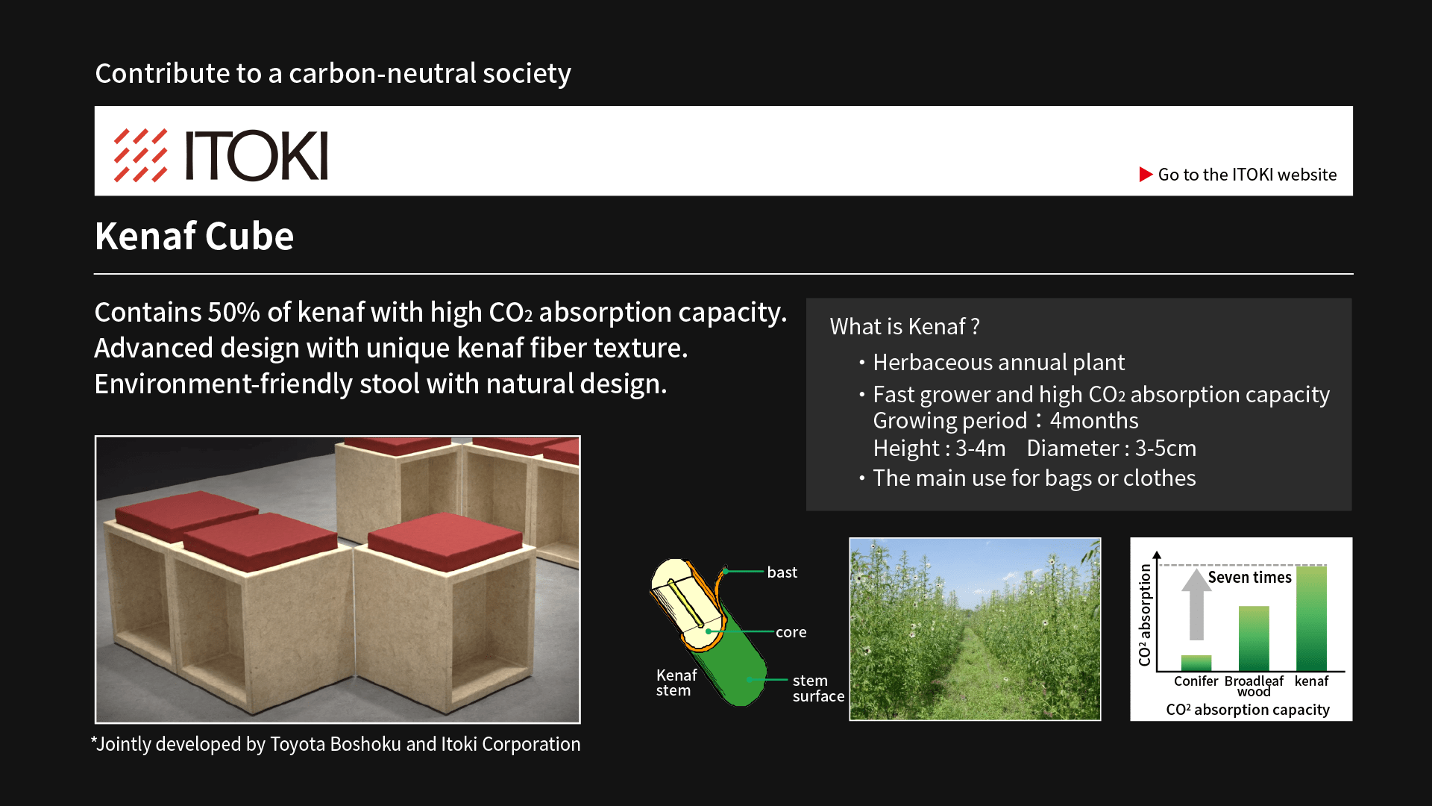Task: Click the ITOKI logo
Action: click(x=221, y=155)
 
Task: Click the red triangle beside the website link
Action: click(x=1146, y=175)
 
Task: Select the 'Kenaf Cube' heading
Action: click(x=194, y=237)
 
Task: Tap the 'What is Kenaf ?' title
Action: click(x=905, y=327)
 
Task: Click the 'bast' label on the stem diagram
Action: click(x=782, y=572)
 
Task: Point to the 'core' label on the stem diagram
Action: click(x=791, y=632)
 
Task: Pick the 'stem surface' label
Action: click(x=818, y=688)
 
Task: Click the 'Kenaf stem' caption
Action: click(x=676, y=683)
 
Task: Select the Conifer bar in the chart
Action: click(x=1196, y=663)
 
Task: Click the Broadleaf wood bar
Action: click(x=1254, y=638)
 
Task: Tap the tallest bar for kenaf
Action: click(x=1311, y=619)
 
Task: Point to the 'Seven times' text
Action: click(x=1249, y=578)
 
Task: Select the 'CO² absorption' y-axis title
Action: click(x=1145, y=615)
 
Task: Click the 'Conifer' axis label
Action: click(x=1196, y=681)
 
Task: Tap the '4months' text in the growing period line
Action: click(x=1094, y=421)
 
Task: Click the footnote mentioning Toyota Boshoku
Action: click(x=336, y=745)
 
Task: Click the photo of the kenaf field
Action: click(x=975, y=629)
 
